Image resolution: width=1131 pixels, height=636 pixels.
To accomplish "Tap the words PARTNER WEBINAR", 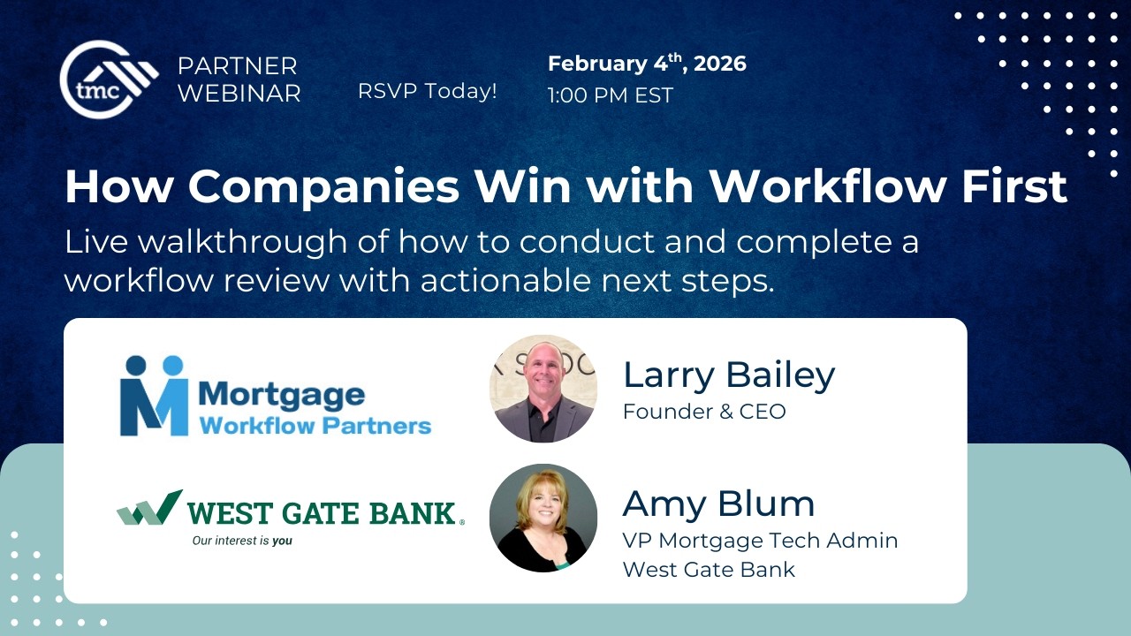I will point(239,79).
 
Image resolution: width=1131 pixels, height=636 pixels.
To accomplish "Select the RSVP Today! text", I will point(427,90).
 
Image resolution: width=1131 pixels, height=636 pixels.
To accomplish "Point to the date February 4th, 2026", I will point(647,64).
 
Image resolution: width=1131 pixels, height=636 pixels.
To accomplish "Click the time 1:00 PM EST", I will point(610,95).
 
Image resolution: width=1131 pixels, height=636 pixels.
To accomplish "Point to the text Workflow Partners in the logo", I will point(315,426).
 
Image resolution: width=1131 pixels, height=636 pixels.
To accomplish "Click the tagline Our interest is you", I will point(242,541).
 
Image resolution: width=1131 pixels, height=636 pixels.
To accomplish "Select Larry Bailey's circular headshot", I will point(543,389).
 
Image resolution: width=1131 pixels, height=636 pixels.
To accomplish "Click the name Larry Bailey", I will point(728,375).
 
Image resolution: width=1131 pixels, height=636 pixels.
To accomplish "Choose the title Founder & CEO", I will point(703,412).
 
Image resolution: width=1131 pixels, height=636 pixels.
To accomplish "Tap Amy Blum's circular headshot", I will point(543,518).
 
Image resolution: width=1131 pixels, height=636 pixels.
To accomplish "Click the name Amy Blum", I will point(718,503).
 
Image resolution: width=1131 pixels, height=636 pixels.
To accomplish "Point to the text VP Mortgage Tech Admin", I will point(760,541).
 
